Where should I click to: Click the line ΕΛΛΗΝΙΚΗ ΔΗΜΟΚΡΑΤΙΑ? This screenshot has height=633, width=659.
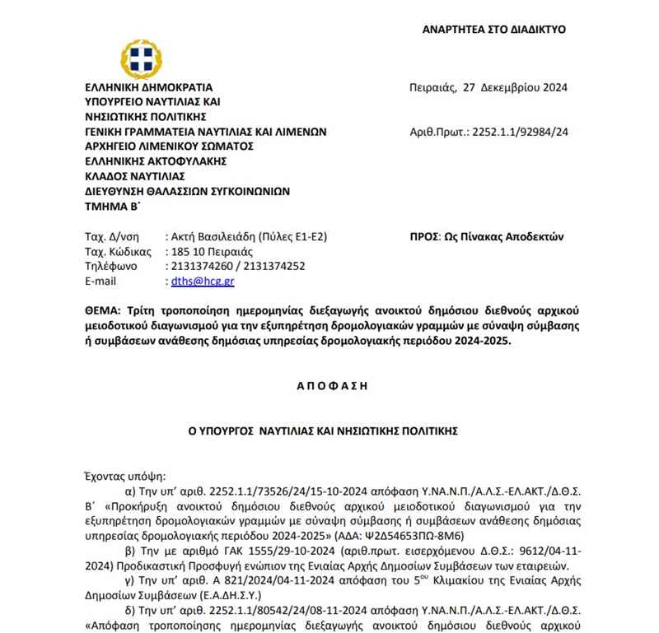(x=148, y=86)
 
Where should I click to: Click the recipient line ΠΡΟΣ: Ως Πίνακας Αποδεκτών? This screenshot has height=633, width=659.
(x=486, y=236)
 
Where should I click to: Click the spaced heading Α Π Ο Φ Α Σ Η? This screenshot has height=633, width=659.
(x=329, y=384)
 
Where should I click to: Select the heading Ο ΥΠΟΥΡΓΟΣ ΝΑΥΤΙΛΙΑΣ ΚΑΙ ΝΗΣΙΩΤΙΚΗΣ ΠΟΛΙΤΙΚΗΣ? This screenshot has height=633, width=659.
(x=329, y=431)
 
